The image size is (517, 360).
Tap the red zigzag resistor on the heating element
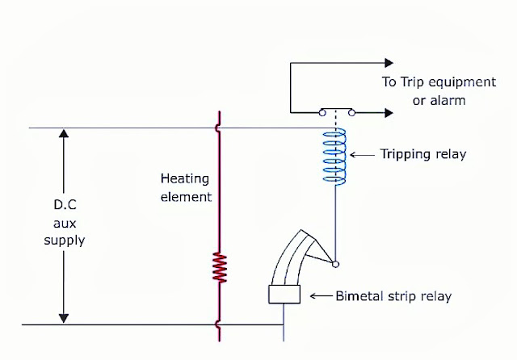click(219, 267)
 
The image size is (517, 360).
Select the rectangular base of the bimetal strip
click(284, 295)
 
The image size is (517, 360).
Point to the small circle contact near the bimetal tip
click(335, 264)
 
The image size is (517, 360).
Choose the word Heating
click(185, 178)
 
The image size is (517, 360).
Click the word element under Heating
click(185, 196)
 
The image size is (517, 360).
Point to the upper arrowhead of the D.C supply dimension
click(62, 135)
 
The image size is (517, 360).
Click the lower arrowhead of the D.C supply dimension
click(62, 318)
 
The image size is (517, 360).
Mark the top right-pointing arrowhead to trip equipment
click(389, 62)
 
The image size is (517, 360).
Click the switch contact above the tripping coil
click(335, 112)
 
